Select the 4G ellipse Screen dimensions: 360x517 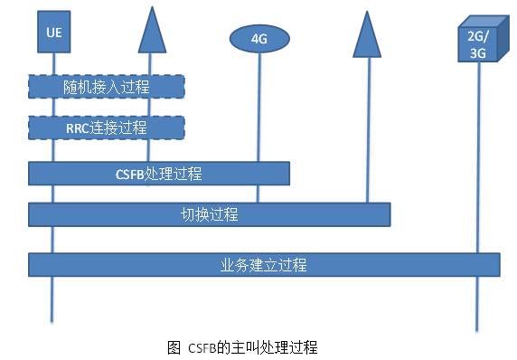259,38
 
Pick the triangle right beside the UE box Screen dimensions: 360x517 153,33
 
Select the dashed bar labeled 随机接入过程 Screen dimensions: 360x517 107,87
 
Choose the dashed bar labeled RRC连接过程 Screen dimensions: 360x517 107,128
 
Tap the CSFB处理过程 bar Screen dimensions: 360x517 159,173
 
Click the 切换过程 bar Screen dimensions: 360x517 209,214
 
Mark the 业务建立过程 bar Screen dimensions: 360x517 264,265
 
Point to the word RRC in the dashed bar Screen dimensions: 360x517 79,128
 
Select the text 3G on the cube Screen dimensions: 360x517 476,53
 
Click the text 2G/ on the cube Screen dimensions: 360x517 476,37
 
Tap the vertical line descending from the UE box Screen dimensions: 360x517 53,298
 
